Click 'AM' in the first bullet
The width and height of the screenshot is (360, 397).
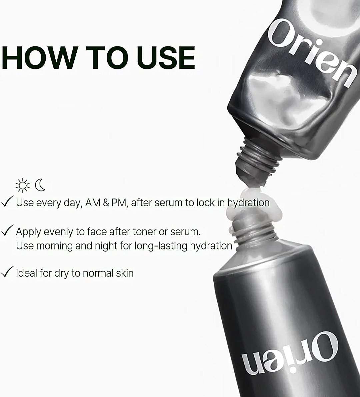tap(93, 203)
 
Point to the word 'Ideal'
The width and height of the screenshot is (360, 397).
tap(26, 273)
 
